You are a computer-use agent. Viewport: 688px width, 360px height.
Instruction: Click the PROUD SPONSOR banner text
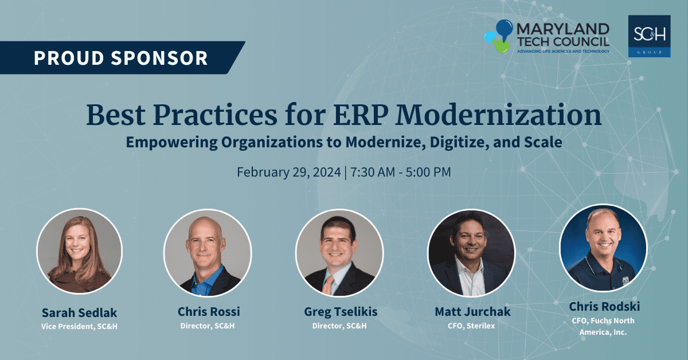pos(121,58)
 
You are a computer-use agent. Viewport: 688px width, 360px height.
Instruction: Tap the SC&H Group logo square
pos(649,36)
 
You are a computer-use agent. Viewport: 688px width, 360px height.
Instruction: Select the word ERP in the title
pos(360,115)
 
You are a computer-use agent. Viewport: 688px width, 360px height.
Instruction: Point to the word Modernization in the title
pos(498,115)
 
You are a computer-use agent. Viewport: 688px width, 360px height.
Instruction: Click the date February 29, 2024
pos(289,172)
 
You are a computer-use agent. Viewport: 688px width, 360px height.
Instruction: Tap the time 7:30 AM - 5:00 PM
pos(401,172)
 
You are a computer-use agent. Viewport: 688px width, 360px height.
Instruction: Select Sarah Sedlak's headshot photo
pos(80,251)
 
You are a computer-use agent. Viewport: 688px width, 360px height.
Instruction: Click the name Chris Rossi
pos(209,311)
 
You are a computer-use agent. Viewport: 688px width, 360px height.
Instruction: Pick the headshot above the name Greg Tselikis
pos(339,253)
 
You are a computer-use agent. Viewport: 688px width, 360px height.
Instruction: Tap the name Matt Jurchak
pos(472,311)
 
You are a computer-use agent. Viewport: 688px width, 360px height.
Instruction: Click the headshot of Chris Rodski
pos(603,248)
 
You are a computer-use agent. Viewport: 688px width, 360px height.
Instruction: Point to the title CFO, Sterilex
pos(471,326)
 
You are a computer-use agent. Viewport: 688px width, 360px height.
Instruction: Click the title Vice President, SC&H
pos(79,326)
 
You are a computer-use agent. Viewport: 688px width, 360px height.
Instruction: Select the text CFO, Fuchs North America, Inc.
pos(603,326)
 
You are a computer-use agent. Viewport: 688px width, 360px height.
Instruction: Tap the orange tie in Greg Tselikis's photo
pos(328,285)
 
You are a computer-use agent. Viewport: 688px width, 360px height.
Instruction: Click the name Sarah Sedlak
pos(79,312)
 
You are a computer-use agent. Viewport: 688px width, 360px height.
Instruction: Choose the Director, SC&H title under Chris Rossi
pos(208,326)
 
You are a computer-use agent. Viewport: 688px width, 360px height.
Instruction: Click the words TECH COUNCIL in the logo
pos(563,42)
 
